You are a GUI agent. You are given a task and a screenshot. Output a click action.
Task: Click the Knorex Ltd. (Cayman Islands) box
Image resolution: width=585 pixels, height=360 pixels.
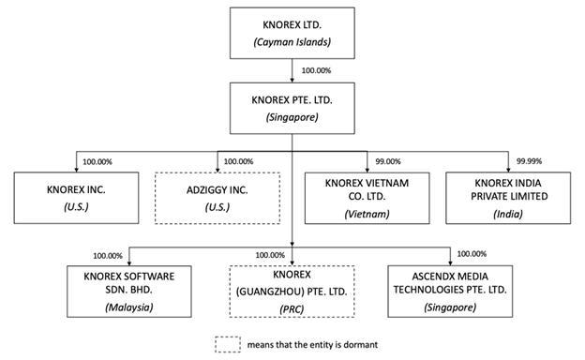coord(292,33)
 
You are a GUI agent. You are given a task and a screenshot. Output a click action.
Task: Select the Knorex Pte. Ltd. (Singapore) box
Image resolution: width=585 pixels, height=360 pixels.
coord(292,108)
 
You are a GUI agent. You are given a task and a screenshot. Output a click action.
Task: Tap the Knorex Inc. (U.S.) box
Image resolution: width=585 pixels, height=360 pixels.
coord(76,198)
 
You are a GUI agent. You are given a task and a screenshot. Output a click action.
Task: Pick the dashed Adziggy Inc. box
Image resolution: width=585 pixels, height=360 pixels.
coord(217,198)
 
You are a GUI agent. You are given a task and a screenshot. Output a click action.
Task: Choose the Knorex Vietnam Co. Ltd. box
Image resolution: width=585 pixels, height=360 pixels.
coord(367,198)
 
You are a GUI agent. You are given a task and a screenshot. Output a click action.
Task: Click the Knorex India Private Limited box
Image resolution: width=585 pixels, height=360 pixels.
coord(508,198)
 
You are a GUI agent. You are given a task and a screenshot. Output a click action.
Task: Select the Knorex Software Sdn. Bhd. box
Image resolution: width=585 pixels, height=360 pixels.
coord(129,292)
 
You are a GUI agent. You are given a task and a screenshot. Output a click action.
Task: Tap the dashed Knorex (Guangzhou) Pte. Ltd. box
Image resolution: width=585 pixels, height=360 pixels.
coord(292,292)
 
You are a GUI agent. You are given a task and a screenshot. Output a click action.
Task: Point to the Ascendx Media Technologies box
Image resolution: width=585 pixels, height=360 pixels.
coord(450,292)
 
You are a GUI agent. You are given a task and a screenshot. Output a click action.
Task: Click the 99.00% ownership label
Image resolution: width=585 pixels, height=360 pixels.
coord(388,161)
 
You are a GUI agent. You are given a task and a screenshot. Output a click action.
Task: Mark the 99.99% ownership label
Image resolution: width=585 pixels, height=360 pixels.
coord(529,161)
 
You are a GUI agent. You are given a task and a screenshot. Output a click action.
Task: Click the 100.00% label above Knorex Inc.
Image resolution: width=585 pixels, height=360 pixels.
coord(97,162)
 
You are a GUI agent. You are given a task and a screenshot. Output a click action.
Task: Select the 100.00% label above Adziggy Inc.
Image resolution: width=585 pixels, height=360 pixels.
coord(238,161)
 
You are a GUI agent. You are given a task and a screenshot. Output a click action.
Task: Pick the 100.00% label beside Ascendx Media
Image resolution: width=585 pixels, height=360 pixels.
coord(472,254)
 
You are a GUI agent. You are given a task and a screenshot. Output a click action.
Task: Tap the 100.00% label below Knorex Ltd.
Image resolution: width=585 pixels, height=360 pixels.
coord(316,70)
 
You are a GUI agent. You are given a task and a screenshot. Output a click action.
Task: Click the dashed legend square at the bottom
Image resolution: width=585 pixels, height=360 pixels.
coord(228,344)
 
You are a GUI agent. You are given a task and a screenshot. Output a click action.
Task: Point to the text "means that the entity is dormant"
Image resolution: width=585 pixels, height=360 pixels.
coord(312,345)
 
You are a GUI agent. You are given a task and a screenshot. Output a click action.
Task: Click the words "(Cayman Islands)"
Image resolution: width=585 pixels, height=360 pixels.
coord(292,42)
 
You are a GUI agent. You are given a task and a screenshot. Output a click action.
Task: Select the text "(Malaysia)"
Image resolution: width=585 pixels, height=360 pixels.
coord(129,307)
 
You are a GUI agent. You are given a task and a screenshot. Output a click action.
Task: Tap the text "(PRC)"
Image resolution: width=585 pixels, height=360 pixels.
coord(292,309)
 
